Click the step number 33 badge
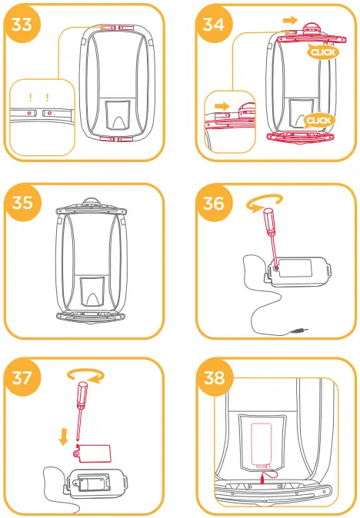pyautogui.click(x=23, y=24)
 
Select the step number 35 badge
pyautogui.click(x=23, y=202)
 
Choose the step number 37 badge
pyautogui.click(x=23, y=377)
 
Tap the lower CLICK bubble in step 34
pyautogui.click(x=318, y=121)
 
